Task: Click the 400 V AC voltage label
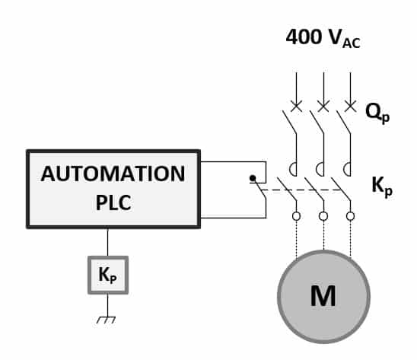pyautogui.click(x=323, y=37)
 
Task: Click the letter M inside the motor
pyautogui.click(x=323, y=296)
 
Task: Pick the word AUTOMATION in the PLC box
pyautogui.click(x=113, y=174)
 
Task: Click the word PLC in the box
pyautogui.click(x=113, y=203)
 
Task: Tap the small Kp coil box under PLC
pyautogui.click(x=107, y=275)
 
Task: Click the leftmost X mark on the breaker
pyautogui.click(x=296, y=106)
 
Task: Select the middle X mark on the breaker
pyautogui.click(x=323, y=106)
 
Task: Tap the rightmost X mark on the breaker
pyautogui.click(x=349, y=106)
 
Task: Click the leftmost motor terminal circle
pyautogui.click(x=296, y=216)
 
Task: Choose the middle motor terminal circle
pyautogui.click(x=323, y=216)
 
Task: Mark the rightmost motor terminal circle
pyautogui.click(x=350, y=216)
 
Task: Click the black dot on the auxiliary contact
pyautogui.click(x=252, y=179)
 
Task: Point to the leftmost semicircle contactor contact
pyautogui.click(x=294, y=168)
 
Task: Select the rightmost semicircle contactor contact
pyautogui.click(x=347, y=168)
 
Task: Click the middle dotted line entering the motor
pyautogui.click(x=323, y=236)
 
